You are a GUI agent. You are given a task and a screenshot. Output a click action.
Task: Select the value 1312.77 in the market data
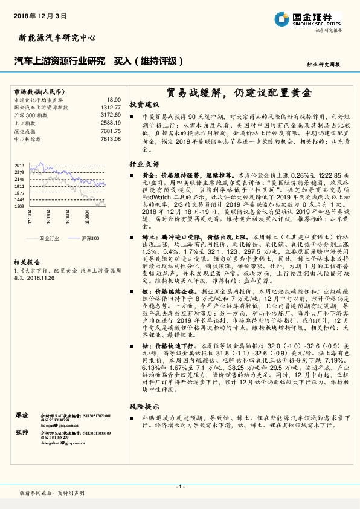coord(112,107)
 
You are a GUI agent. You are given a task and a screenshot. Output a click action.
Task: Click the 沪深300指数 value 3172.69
coord(112,115)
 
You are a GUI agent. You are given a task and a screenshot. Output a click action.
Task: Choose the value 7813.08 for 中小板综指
coord(112,138)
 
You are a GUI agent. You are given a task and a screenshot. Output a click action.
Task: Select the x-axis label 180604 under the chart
coord(68,219)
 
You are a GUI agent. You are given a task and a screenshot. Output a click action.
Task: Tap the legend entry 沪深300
coord(90,239)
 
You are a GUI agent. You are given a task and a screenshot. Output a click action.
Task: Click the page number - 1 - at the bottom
coord(179,487)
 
